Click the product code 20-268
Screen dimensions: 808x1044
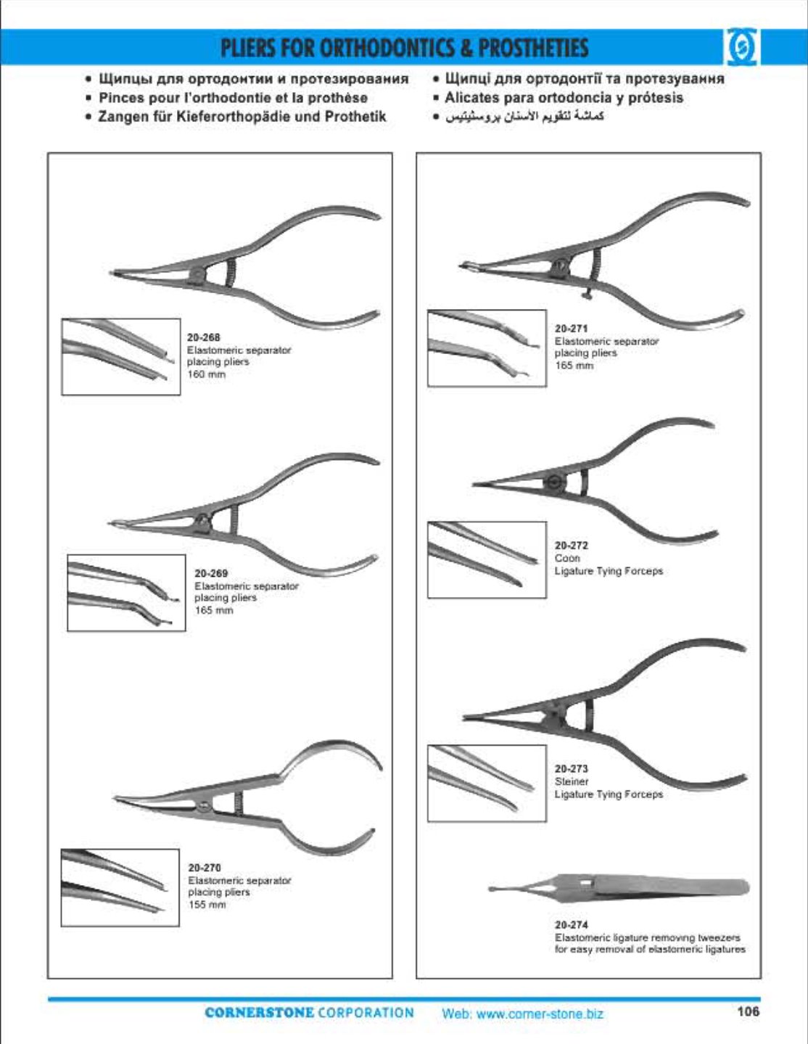click(204, 337)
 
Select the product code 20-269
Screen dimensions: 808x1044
click(211, 573)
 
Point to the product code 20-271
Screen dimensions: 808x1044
click(572, 329)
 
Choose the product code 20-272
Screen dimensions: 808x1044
click(572, 546)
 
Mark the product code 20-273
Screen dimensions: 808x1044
click(572, 768)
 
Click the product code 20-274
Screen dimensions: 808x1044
click(572, 924)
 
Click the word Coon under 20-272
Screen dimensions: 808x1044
click(567, 558)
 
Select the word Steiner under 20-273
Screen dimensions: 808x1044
click(572, 781)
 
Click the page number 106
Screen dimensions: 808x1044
click(749, 1011)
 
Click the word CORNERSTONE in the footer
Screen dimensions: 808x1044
click(259, 1013)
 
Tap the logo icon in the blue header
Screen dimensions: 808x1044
click(741, 47)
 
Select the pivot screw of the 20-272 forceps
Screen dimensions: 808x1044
click(553, 482)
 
